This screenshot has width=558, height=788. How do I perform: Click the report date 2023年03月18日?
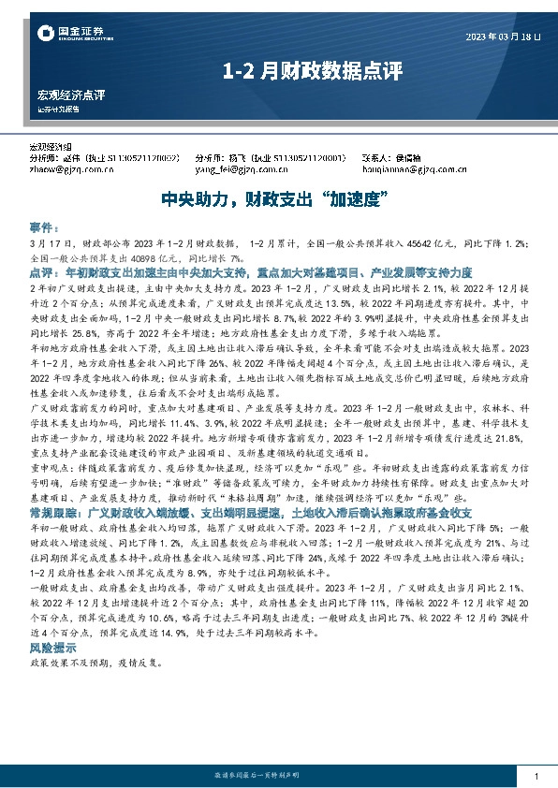tap(503, 36)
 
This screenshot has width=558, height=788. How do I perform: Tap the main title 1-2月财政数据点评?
tap(279, 70)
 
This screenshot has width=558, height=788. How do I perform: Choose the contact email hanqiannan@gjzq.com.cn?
tap(414, 170)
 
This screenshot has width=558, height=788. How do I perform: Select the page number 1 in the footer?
tap(535, 779)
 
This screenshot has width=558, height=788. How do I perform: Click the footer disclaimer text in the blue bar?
tap(279, 779)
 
